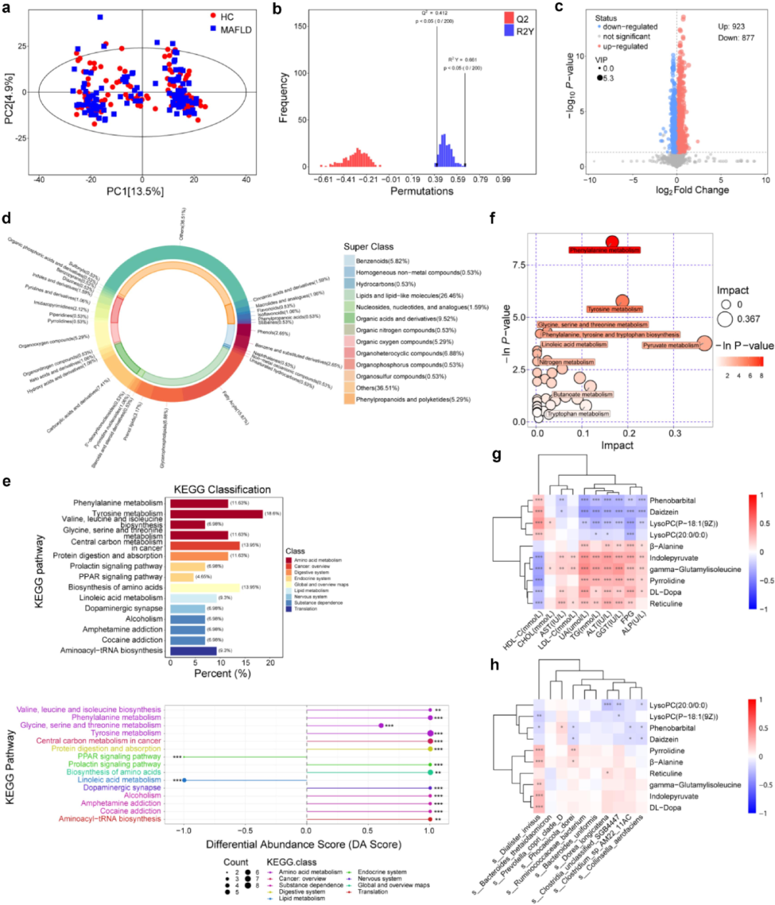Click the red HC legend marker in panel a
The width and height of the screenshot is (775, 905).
213,16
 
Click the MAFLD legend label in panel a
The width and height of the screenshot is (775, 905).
236,29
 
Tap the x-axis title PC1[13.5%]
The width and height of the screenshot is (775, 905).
141,191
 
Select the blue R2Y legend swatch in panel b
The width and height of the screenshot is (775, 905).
508,31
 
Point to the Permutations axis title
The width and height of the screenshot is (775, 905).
421,191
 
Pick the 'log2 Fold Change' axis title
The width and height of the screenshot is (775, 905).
692,190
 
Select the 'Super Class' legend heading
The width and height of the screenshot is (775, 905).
369,247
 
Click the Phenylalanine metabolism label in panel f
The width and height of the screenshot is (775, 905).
604,250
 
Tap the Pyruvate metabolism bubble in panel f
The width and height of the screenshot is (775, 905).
705,344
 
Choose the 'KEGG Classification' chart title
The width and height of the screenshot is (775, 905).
222,489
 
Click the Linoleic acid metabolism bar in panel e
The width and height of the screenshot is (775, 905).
192,597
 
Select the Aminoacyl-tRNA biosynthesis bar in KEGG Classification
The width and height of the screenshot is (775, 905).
193,650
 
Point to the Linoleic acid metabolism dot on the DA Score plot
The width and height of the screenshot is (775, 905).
184,779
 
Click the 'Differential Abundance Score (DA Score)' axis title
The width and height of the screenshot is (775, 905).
304,845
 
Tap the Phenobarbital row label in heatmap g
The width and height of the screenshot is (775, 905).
672,500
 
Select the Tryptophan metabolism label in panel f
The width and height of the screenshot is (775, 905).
578,414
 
